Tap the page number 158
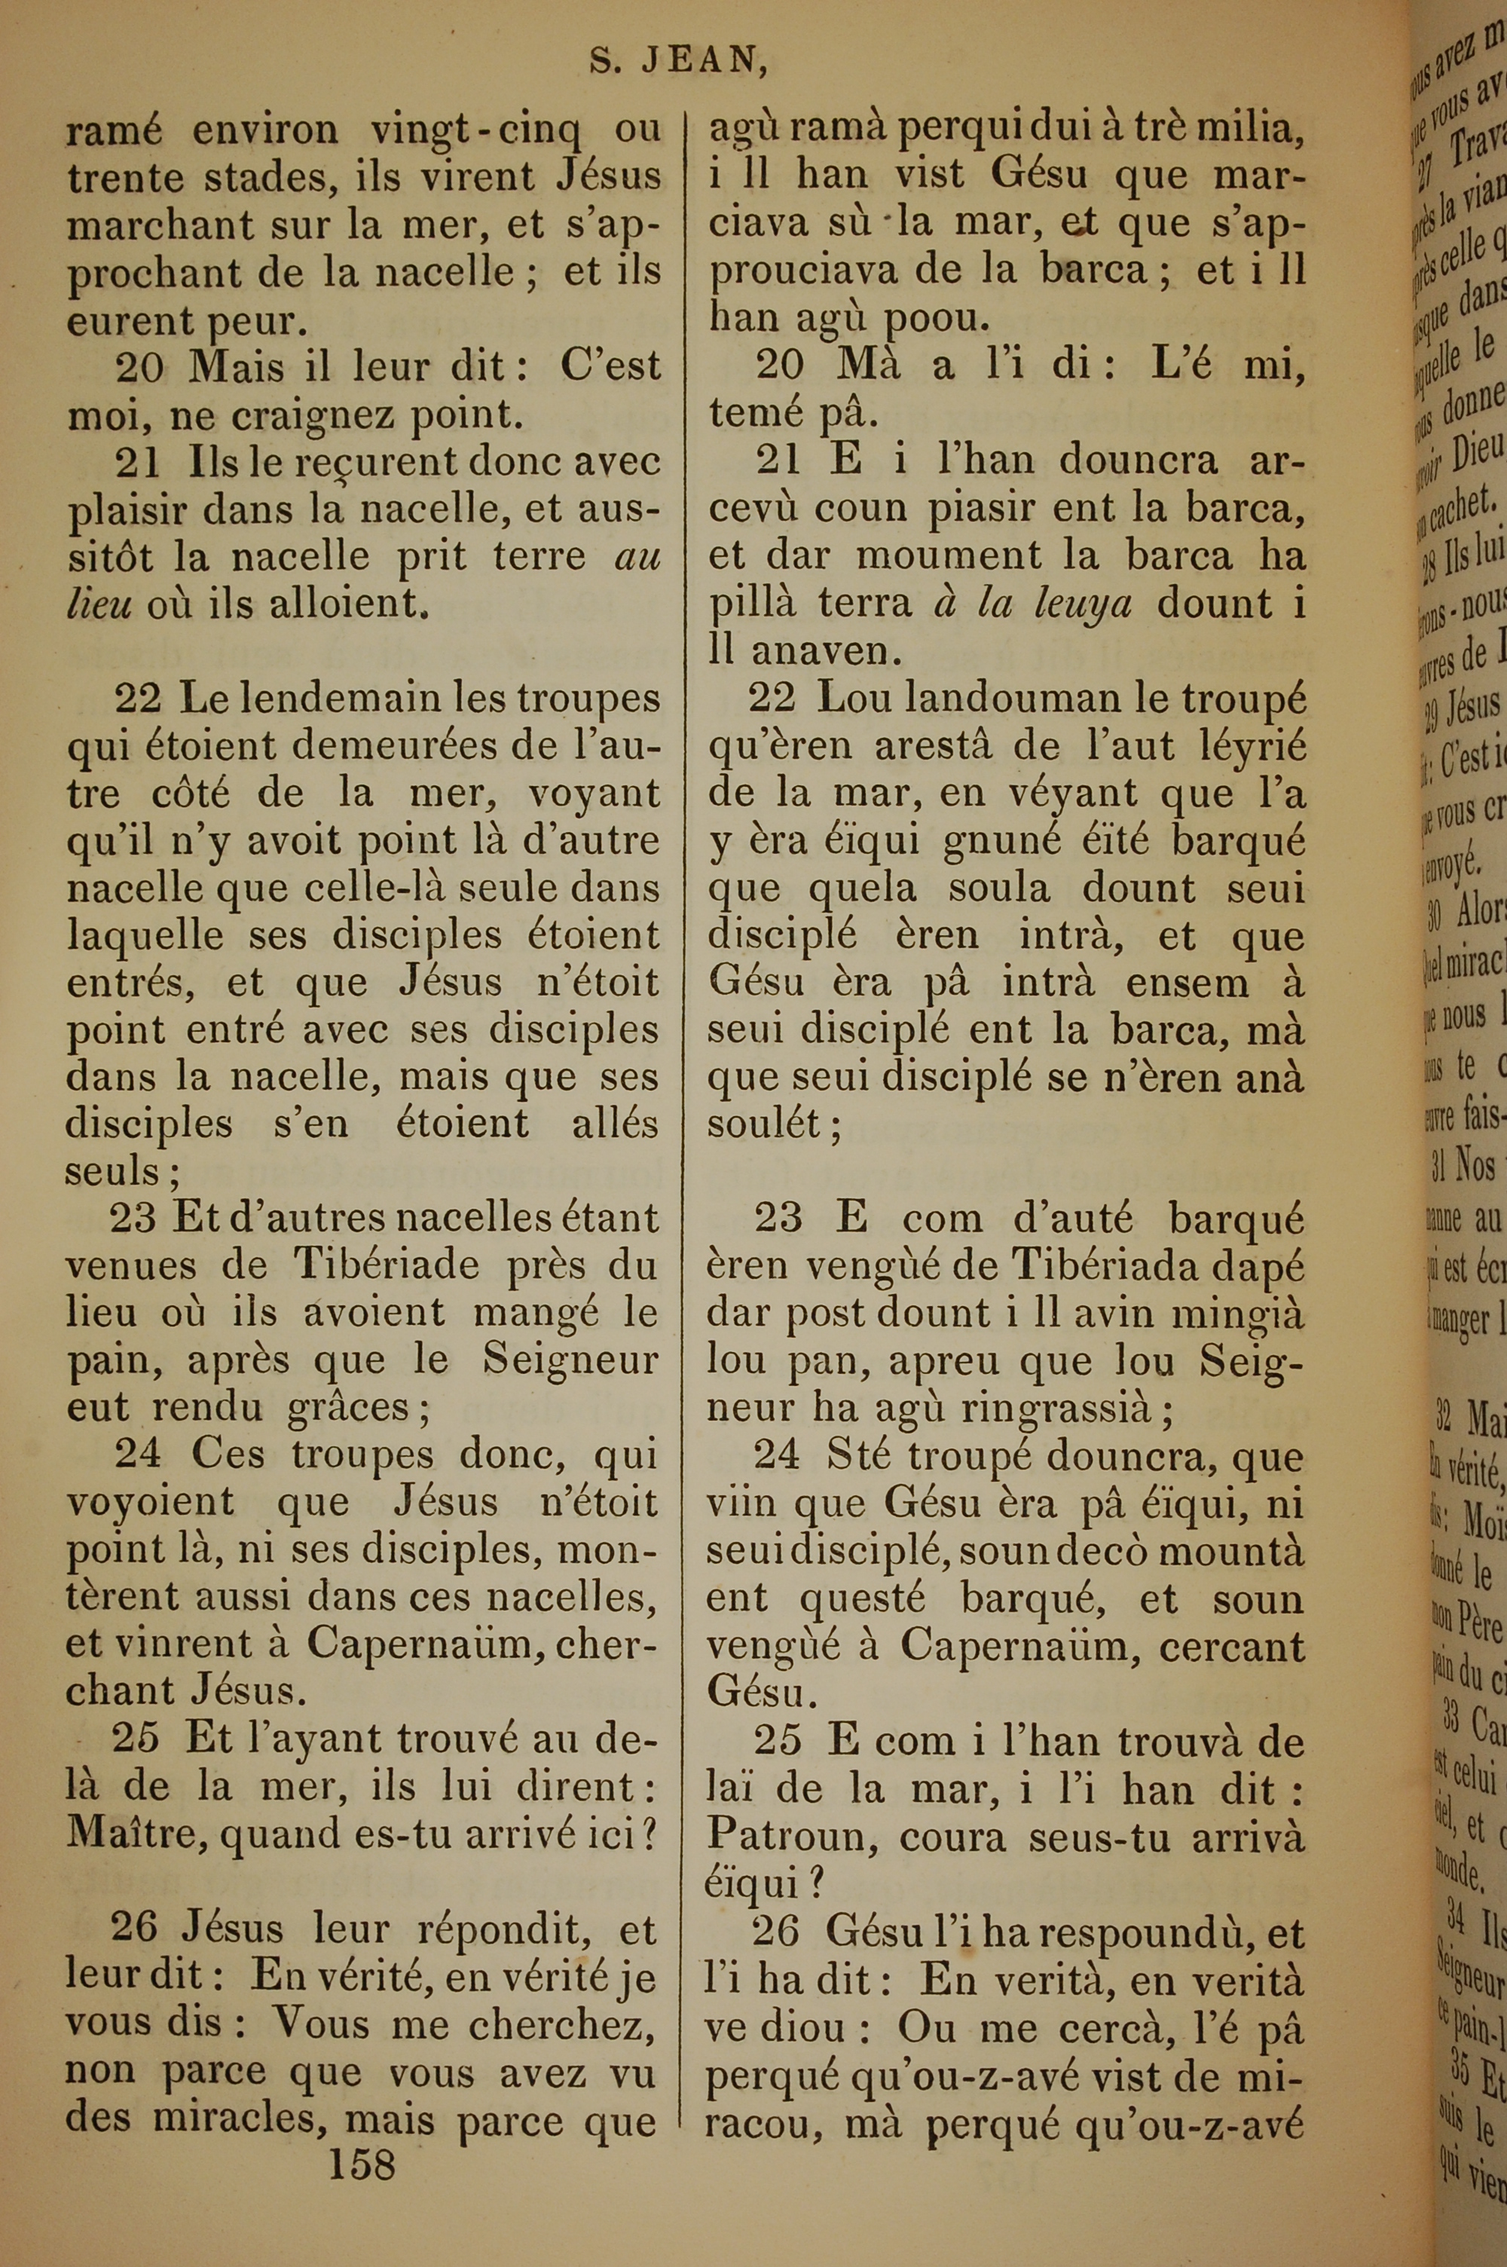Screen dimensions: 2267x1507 point(362,2163)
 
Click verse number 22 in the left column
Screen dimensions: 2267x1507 point(137,699)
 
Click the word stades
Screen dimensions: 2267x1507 point(267,177)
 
